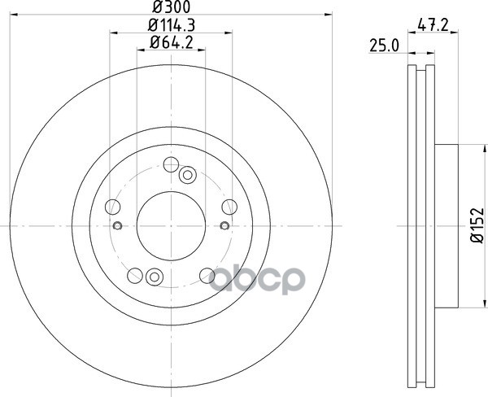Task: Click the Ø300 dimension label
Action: [171, 7]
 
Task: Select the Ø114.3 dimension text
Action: [172, 25]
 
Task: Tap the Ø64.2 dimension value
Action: [172, 42]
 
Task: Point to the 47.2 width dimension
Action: [433, 24]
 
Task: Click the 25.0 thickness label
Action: [384, 46]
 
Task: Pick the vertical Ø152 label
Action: [477, 225]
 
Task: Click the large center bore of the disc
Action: [171, 225]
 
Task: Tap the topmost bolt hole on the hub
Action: [171, 164]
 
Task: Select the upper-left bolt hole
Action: [113, 207]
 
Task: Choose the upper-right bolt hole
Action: [229, 207]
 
